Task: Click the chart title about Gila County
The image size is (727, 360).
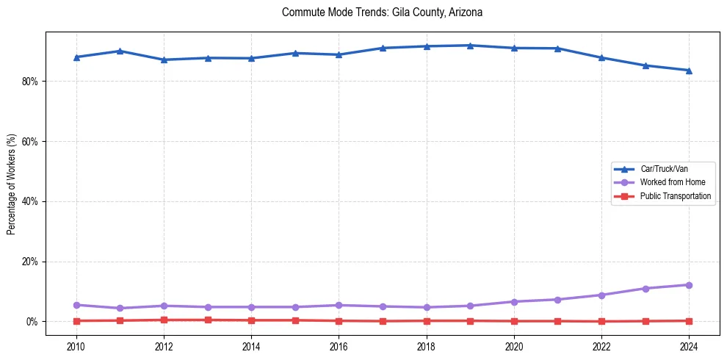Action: pyautogui.click(x=382, y=12)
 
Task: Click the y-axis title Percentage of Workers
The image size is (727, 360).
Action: pyautogui.click(x=11, y=184)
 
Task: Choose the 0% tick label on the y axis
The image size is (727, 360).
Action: pyautogui.click(x=32, y=322)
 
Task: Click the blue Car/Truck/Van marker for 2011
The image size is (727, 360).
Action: pyautogui.click(x=120, y=51)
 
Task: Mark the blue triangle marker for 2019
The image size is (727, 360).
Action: pyautogui.click(x=470, y=46)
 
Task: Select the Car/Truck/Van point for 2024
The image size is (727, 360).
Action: pyautogui.click(x=689, y=71)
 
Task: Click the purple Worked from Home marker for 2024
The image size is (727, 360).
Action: pyautogui.click(x=689, y=285)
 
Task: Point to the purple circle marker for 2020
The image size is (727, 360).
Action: pyautogui.click(x=514, y=302)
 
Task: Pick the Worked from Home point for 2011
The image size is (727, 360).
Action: pyautogui.click(x=120, y=309)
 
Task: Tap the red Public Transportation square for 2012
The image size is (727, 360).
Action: pyautogui.click(x=164, y=320)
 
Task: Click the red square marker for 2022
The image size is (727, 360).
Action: pyautogui.click(x=601, y=321)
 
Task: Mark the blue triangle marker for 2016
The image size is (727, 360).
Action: pyautogui.click(x=339, y=54)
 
